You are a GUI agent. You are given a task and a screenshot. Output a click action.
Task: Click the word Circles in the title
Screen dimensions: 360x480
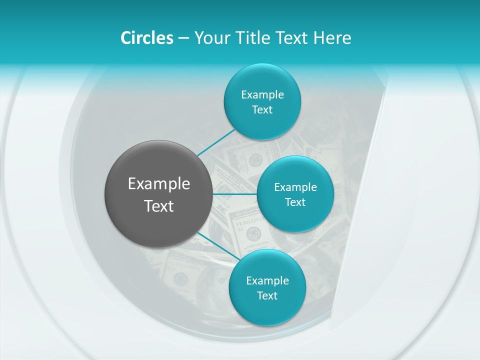[146, 38]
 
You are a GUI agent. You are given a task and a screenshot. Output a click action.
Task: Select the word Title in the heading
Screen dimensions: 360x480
[252, 38]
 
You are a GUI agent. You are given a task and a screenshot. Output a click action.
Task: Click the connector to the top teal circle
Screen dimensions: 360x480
[216, 142]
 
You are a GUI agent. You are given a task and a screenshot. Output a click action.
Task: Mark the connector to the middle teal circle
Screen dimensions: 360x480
[235, 194]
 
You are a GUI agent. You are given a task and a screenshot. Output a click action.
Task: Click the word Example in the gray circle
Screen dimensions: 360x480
[159, 184]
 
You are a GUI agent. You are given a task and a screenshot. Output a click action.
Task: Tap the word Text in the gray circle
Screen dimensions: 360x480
[159, 206]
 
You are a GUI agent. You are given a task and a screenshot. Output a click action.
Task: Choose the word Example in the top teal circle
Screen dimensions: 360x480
[262, 94]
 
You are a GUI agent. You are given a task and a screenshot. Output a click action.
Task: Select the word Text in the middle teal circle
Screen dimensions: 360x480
[295, 202]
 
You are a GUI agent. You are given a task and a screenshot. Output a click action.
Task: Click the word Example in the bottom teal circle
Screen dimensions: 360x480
[267, 280]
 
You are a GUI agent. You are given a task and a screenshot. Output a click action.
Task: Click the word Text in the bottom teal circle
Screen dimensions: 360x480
[267, 295]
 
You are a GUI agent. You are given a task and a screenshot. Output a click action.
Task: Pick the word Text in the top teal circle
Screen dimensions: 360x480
[262, 109]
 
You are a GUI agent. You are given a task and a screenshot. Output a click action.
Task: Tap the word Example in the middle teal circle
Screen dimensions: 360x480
[295, 187]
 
